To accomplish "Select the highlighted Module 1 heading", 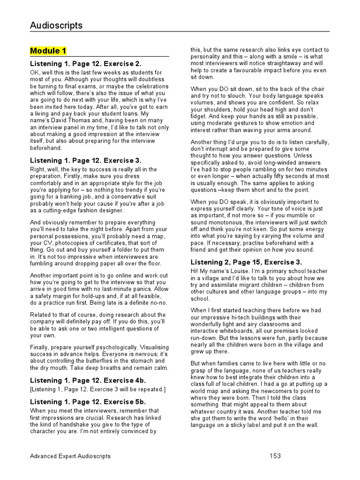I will click(48, 51).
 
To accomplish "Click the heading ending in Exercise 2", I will click(86, 63).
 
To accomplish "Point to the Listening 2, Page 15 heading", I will click(246, 262).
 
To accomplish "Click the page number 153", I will click(276, 456).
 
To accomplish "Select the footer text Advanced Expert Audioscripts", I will click(70, 456).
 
